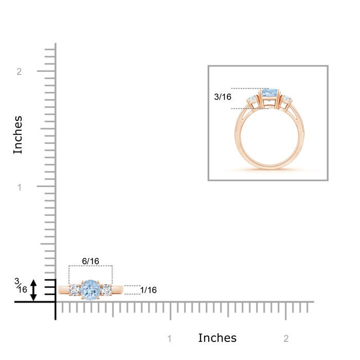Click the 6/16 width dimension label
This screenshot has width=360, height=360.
pos(91,261)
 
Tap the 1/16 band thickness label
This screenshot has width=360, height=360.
pos(148,290)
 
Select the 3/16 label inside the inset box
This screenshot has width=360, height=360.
pos(223,97)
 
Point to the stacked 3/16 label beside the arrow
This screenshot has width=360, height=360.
pos(21,285)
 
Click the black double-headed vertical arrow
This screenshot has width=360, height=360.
pos(33,290)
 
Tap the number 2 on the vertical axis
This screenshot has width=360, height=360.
pos(19,71)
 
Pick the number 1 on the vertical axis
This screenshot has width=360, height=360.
pos(20,187)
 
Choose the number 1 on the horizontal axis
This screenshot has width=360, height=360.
pos(169,338)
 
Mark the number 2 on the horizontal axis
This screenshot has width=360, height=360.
pos(286,338)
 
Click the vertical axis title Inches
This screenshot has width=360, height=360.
pos(17,135)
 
